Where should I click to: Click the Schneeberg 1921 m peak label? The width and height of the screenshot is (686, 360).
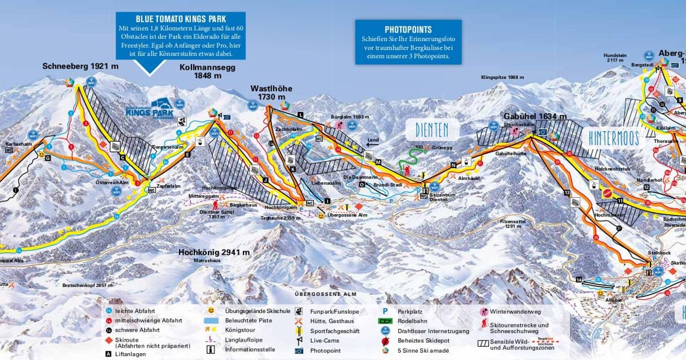81,66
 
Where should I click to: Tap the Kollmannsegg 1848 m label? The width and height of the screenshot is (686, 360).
207,71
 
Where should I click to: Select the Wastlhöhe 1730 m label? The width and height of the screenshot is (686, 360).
271,93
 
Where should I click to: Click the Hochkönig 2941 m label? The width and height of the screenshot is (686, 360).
214,252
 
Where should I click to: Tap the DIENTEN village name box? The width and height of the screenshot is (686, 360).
432,129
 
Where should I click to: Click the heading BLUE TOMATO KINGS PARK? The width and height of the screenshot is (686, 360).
181,18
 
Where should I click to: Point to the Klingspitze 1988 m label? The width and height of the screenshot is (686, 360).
502,77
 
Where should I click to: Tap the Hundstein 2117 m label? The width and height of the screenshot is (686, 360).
615,58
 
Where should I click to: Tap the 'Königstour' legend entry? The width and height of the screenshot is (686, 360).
241,330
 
